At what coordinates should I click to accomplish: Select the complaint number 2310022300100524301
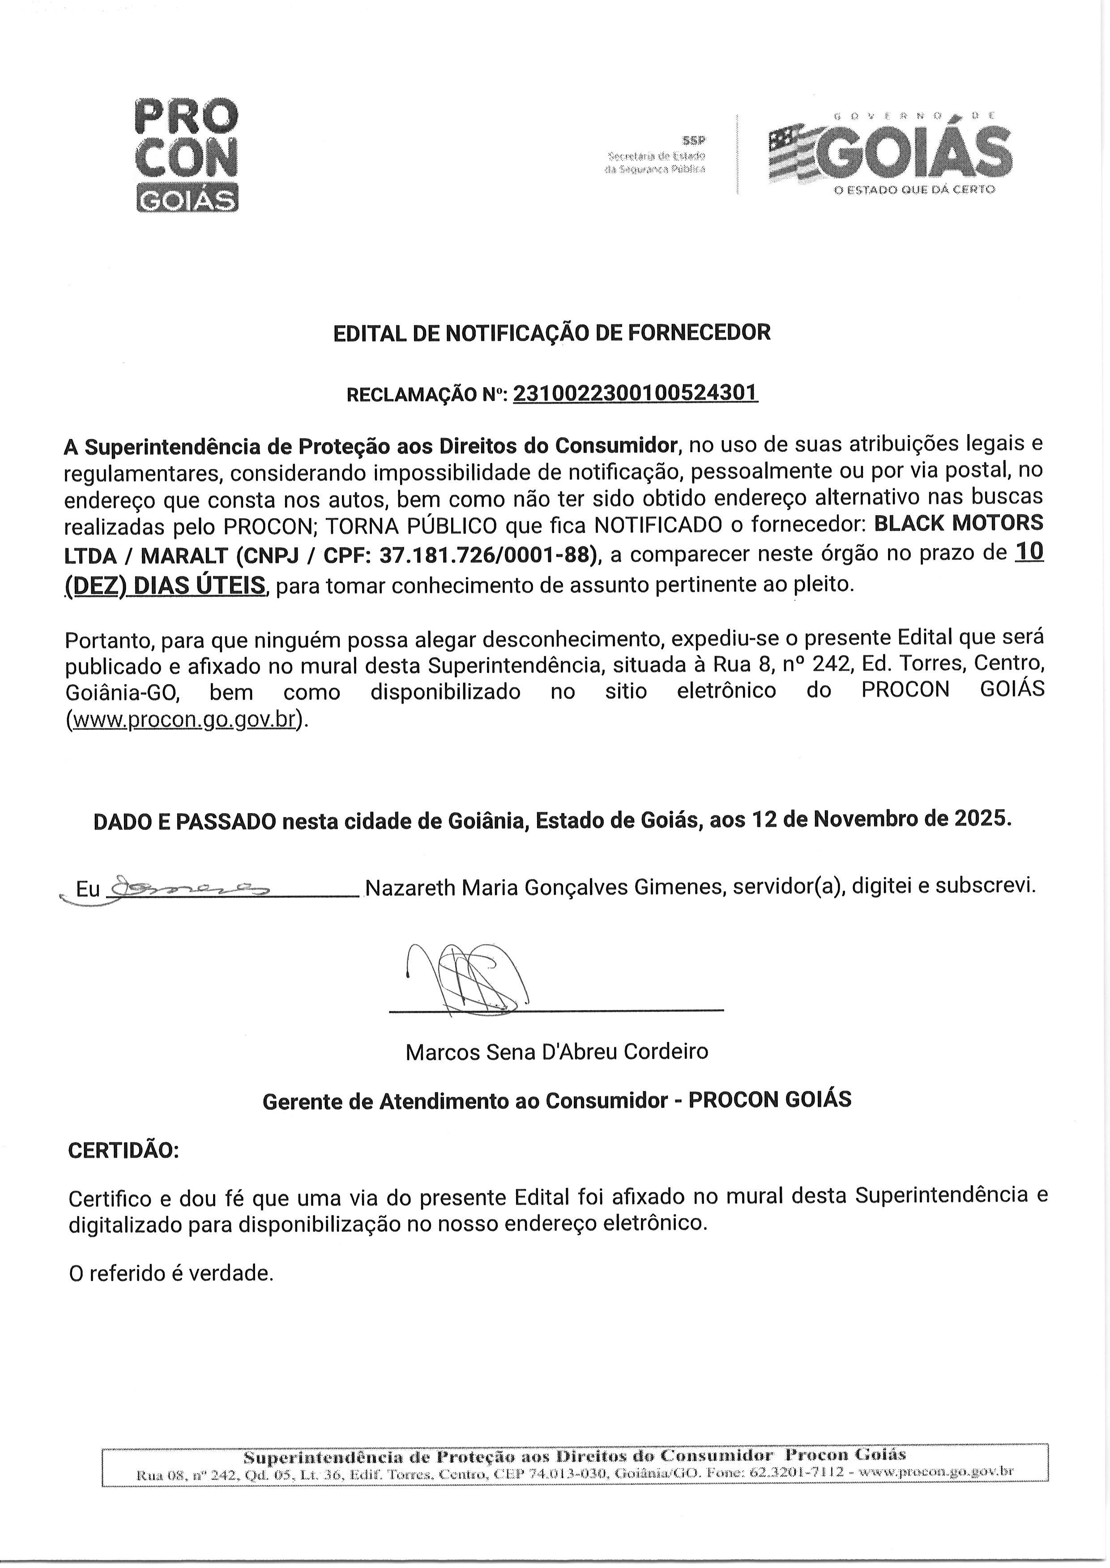click(635, 393)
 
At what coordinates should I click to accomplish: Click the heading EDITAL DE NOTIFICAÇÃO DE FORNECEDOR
click(551, 333)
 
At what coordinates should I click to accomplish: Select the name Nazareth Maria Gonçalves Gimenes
click(544, 887)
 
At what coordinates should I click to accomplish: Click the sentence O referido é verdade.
click(171, 1274)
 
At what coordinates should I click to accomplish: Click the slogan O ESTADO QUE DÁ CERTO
click(914, 189)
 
